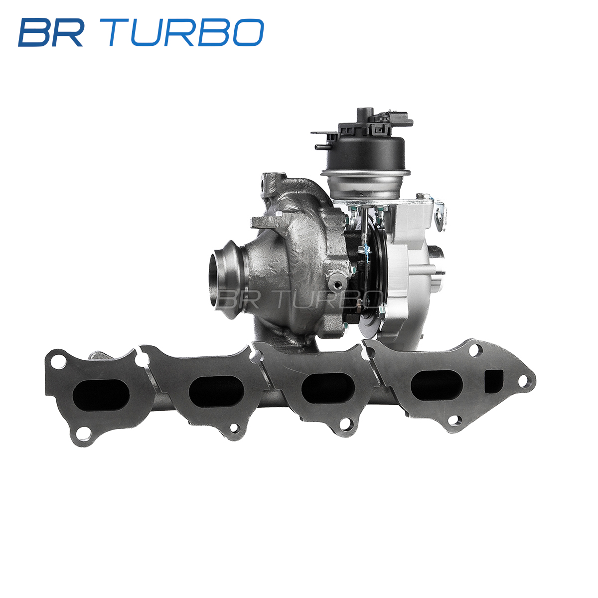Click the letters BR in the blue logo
[51, 32]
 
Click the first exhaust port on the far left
[101, 394]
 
